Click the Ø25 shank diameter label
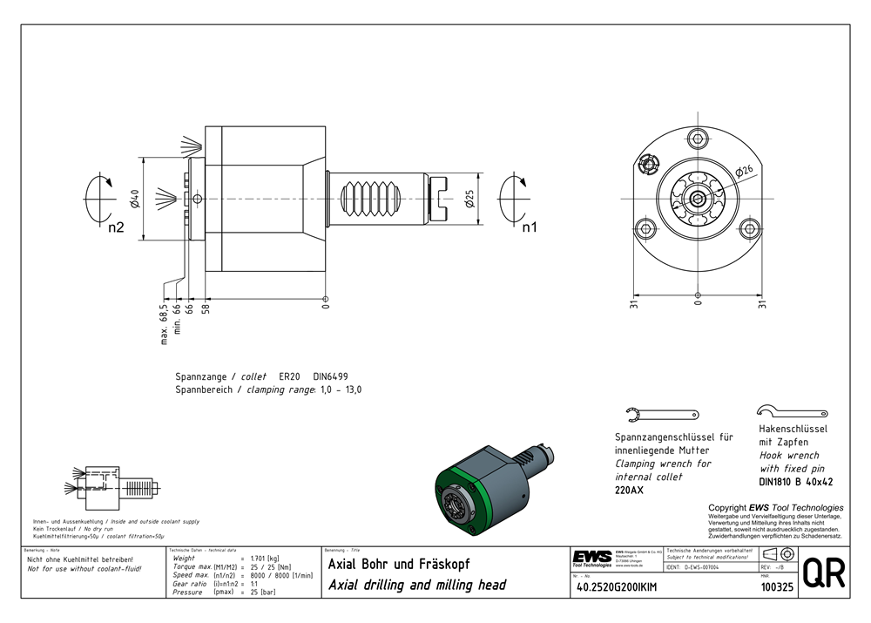point(469,200)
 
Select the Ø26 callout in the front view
point(746,171)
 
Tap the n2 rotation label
point(116,229)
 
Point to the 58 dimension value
point(206,308)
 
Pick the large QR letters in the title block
point(822,575)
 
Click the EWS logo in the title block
point(591,558)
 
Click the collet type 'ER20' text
point(288,376)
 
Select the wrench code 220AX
point(629,491)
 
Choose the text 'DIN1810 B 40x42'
point(796,482)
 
